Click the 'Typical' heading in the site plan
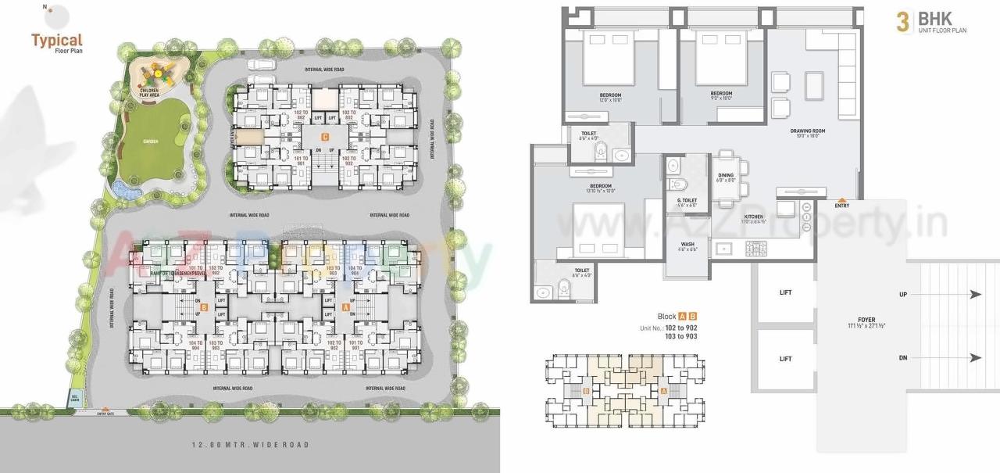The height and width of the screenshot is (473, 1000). pyautogui.click(x=56, y=39)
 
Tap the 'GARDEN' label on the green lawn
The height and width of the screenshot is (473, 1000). pyautogui.click(x=151, y=142)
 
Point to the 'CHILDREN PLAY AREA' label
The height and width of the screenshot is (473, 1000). pyautogui.click(x=149, y=94)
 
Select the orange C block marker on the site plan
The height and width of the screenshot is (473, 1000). pyautogui.click(x=324, y=135)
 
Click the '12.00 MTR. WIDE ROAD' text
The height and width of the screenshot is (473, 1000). pyautogui.click(x=250, y=445)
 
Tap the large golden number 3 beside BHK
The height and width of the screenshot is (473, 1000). pyautogui.click(x=902, y=22)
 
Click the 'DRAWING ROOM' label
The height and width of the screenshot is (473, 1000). pyautogui.click(x=808, y=131)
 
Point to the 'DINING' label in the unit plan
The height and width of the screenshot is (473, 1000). pyautogui.click(x=726, y=175)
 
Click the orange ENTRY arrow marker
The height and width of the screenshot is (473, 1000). pyautogui.click(x=841, y=200)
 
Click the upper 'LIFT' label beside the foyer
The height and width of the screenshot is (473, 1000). pyautogui.click(x=785, y=293)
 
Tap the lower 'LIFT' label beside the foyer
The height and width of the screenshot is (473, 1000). pyautogui.click(x=785, y=359)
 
